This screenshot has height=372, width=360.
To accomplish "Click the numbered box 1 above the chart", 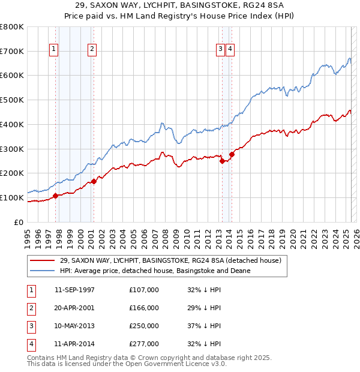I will click(54, 50).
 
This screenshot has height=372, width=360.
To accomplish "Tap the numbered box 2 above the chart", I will click(92, 50).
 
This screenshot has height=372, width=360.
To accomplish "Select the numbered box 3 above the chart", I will click(220, 50).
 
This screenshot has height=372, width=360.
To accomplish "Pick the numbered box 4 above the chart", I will click(230, 50).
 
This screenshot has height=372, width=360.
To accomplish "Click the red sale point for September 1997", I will click(55, 196).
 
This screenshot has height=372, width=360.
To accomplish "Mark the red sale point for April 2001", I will click(94, 181).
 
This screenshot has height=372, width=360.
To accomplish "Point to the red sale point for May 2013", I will click(222, 161).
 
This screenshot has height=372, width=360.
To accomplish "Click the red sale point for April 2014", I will click(232, 154).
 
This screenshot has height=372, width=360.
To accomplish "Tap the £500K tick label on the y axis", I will click(11, 100).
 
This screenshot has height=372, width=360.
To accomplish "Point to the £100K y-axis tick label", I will click(11, 197).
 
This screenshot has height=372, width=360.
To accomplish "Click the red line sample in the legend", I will click(43, 261).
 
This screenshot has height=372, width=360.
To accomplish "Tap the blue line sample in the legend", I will click(43, 271).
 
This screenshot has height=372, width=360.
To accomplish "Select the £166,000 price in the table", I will click(144, 308).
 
